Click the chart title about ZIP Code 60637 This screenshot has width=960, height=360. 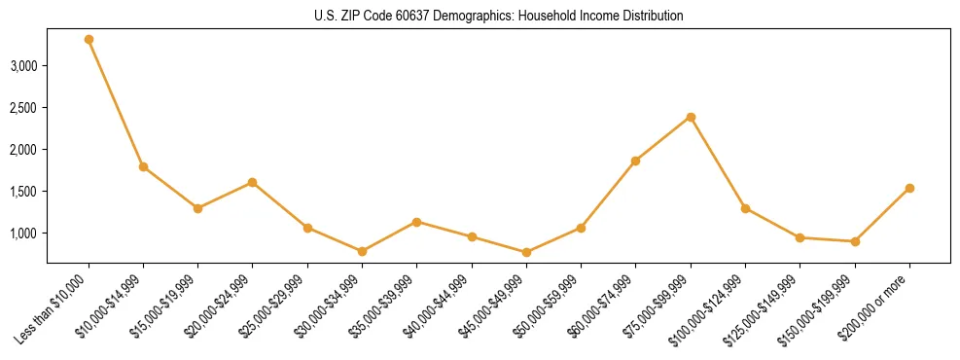point(499,17)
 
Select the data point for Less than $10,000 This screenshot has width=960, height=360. point(89,40)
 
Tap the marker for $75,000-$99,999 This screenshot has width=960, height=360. point(691,118)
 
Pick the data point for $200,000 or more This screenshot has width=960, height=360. point(909,188)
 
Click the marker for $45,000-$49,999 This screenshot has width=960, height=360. point(526,252)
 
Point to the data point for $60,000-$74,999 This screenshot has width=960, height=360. point(635,161)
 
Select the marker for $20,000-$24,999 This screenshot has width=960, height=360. point(252,182)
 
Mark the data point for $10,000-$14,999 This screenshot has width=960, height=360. point(143,166)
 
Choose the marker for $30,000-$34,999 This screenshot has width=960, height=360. point(362,251)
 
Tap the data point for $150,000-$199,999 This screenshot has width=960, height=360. point(855,241)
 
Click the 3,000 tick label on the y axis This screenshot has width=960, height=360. point(23,66)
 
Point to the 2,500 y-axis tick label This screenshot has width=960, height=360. point(23,108)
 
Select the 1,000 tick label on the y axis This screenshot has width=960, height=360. point(23,234)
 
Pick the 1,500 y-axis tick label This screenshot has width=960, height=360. point(23,192)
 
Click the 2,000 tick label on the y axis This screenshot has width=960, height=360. point(23,150)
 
